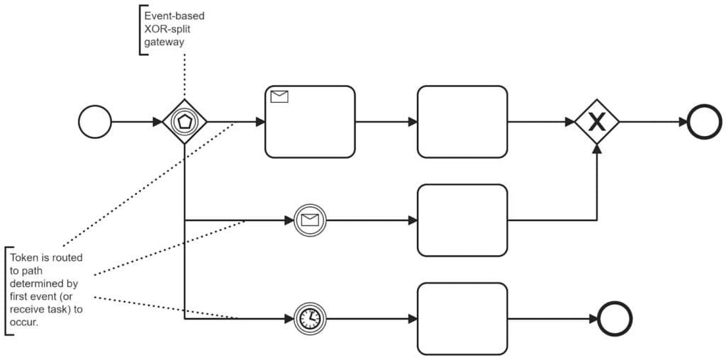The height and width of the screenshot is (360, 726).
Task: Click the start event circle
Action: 95,122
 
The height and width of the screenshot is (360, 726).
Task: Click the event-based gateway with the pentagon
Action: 184,122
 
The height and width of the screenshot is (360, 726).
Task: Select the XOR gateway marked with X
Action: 597,122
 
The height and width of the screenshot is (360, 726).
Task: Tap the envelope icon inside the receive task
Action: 279,97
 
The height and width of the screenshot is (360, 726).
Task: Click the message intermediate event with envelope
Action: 308,220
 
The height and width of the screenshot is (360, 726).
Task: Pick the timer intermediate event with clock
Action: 308,319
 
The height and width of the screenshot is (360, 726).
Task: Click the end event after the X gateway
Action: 703,122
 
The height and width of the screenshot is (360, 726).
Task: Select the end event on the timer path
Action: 614,319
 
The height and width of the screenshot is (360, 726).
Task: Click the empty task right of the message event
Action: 462,220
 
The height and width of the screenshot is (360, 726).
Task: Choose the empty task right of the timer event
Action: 462,319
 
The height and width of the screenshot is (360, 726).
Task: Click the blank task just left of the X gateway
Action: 462,122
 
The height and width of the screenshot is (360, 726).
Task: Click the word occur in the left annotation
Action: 24,322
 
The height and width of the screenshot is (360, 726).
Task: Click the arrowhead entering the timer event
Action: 289,319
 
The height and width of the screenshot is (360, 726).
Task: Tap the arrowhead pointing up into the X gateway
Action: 597,148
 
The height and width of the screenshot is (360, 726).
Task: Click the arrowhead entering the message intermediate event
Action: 289,220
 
